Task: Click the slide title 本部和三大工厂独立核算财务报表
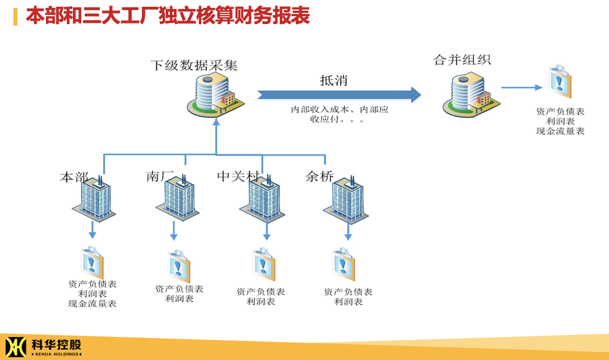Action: [x=168, y=16]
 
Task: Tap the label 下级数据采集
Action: [x=194, y=65]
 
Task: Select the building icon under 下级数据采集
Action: [x=216, y=95]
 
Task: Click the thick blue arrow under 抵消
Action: [x=339, y=94]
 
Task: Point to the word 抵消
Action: [x=334, y=80]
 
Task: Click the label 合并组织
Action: [x=462, y=60]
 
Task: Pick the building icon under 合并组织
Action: [x=472, y=94]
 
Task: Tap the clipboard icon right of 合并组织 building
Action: [x=560, y=82]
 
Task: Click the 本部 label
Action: [x=74, y=177]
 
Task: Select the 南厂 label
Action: [x=160, y=176]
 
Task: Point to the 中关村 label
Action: [x=238, y=176]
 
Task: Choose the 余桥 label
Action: [x=320, y=176]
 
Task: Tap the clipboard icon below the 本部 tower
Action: [x=92, y=262]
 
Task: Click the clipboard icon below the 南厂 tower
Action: [x=179, y=266]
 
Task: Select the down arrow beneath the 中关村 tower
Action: [x=266, y=232]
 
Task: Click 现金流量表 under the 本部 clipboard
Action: [x=93, y=304]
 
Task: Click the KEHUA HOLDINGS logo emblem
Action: [x=16, y=347]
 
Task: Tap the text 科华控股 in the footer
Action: [x=57, y=344]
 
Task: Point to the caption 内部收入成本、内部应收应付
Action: [x=339, y=114]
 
